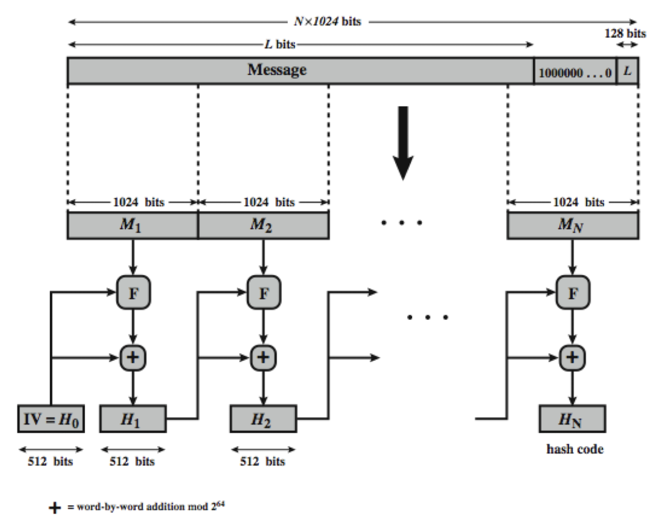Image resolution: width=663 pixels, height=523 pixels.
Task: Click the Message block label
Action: pos(277,70)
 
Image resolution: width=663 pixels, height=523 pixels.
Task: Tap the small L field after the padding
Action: pos(627,71)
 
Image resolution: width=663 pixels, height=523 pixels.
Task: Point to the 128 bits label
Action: pos(625,33)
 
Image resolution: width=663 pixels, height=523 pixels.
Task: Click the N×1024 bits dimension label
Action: pos(327,21)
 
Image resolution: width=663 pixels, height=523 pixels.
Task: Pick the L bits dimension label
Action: pos(280,45)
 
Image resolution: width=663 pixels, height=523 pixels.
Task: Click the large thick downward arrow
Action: pos(403,143)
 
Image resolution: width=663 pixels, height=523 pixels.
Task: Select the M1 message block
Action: pos(132,225)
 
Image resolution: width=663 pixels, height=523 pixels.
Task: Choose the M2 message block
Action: pos(263,225)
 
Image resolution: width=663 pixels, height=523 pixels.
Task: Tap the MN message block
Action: pos(572,225)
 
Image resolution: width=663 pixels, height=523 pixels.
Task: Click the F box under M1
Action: pos(133,293)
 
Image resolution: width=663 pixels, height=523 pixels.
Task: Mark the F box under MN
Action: pos(573,293)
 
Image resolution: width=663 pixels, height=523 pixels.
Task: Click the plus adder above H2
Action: pos(263,357)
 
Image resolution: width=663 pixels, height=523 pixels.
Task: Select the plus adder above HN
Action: pos(572,357)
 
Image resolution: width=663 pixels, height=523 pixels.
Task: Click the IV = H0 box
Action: pos(51,419)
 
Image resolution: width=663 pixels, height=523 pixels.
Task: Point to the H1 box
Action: pos(133,419)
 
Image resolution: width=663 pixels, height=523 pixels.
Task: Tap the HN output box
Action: pos(572,419)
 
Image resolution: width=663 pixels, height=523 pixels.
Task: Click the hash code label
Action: pos(575,449)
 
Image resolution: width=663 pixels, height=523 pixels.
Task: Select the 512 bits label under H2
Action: pos(262,462)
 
